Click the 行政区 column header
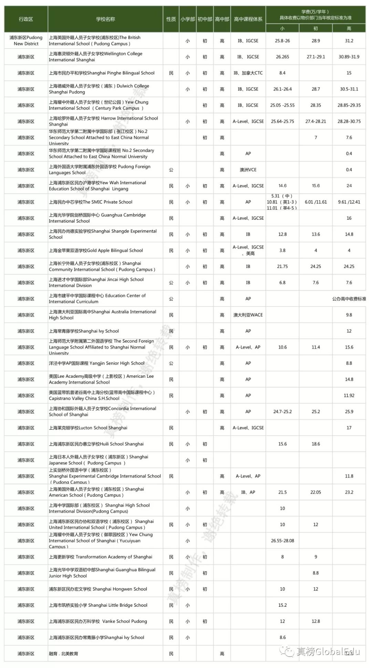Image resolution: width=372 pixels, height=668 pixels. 26,19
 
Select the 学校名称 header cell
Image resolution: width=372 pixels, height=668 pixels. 105,19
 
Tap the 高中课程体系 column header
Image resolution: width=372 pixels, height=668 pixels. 248,19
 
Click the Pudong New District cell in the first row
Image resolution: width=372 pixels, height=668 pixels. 26,41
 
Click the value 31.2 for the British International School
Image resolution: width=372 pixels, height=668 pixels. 349,41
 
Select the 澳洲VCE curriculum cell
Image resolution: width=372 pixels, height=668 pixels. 248,170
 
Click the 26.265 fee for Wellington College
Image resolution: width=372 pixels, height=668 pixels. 282,57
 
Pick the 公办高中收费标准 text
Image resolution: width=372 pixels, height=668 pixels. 349,299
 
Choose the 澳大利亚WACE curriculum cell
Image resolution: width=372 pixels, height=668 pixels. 248,315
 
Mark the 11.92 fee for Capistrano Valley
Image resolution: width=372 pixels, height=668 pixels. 349,396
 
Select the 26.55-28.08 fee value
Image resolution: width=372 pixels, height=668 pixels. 282,541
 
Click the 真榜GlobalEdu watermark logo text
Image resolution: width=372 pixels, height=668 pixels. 327,651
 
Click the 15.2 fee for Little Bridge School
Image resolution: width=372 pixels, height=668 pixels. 282,605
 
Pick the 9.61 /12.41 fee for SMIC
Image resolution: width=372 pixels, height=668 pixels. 349,202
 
